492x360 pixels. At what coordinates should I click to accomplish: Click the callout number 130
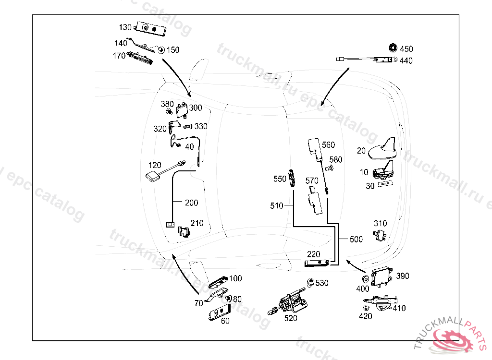click(125, 27)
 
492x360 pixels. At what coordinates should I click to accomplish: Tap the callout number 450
click(406, 49)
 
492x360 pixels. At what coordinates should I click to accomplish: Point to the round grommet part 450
click(393, 48)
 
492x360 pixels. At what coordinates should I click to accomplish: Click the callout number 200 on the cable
click(191, 203)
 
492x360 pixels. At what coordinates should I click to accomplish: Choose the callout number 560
click(329, 145)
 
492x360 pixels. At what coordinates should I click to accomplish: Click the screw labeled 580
click(330, 168)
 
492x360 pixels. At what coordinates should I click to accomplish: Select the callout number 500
click(356, 239)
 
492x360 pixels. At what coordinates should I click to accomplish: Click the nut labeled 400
click(364, 279)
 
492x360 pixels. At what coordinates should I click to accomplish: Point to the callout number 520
click(291, 318)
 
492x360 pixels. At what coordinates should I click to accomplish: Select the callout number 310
click(380, 223)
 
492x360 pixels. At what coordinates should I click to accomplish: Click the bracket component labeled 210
click(184, 231)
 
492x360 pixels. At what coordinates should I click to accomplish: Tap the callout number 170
click(119, 56)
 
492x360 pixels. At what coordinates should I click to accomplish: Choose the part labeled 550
click(292, 177)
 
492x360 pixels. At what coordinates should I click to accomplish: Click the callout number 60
click(225, 321)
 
